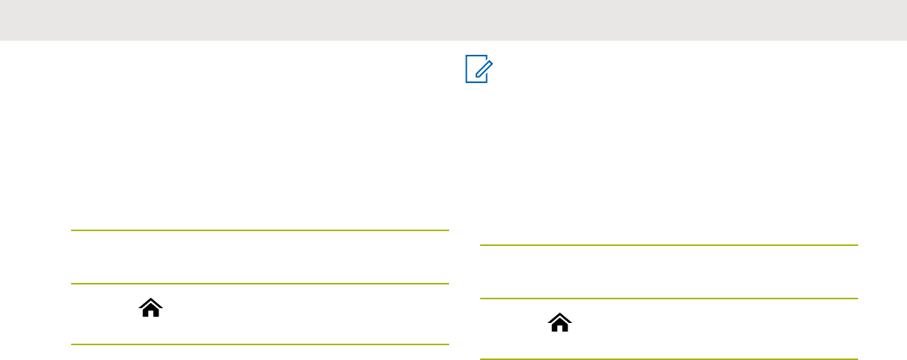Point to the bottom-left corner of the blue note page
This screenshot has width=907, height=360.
(x=467, y=81)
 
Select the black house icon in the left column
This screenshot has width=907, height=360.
(x=150, y=309)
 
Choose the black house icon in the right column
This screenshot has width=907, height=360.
(x=559, y=322)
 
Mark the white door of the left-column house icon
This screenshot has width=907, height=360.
(x=150, y=313)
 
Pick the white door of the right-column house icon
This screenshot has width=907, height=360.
(x=559, y=327)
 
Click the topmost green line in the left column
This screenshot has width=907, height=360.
(x=260, y=230)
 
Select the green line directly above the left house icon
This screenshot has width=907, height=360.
(x=260, y=284)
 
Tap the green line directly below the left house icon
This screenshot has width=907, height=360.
(x=260, y=344)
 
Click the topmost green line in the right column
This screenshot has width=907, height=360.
(x=668, y=245)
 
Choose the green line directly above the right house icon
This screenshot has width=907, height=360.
(x=668, y=299)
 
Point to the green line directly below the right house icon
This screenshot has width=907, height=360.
(x=668, y=359)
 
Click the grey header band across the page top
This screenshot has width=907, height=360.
(x=453, y=20)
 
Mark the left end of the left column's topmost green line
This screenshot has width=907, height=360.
(x=73, y=230)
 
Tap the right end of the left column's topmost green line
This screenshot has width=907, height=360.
(x=448, y=230)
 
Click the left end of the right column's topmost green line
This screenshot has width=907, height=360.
(x=481, y=245)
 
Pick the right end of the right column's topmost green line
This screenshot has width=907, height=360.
(x=857, y=245)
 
